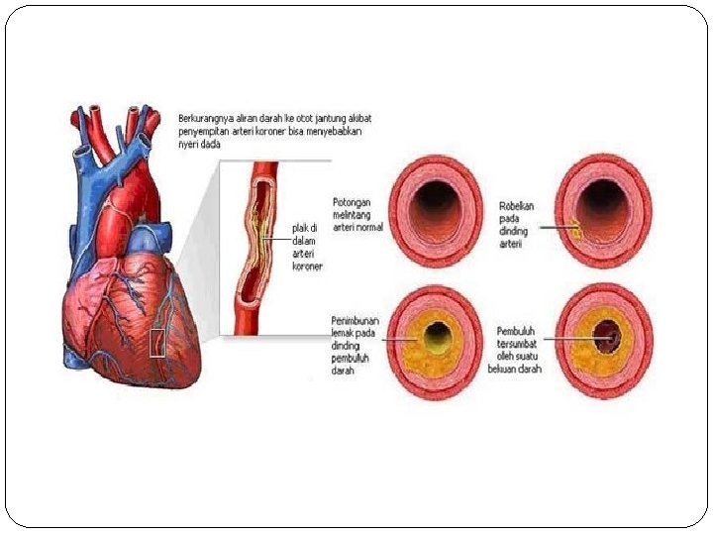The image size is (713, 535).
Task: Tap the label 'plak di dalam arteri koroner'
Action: point(306,247)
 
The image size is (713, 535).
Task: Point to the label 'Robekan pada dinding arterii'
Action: point(516,225)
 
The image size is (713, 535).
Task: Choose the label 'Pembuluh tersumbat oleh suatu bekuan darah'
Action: point(515,350)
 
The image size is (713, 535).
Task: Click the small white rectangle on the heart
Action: point(156,342)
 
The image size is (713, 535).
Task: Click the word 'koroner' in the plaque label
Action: point(307,267)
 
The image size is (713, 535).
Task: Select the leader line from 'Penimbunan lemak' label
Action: point(392,339)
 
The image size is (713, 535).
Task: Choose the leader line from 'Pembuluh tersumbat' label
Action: point(574,339)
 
